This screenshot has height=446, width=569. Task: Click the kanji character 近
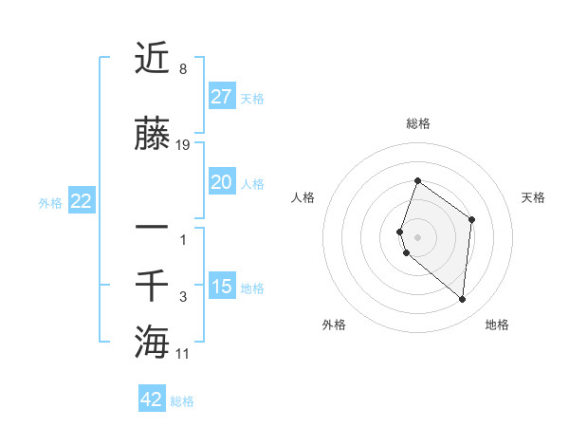point(153,59)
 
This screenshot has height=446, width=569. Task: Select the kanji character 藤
point(153,136)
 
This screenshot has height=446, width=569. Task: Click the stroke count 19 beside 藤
point(183,145)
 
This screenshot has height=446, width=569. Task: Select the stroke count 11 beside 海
point(183,353)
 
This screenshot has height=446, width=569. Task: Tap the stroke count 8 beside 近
point(182,69)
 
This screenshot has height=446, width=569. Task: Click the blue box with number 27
point(221,96)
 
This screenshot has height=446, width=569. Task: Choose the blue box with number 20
point(221,182)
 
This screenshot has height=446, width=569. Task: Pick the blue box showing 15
point(221,287)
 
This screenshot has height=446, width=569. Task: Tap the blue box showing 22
point(81,201)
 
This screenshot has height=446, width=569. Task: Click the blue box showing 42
point(152,400)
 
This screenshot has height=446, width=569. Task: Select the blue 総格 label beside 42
point(182,401)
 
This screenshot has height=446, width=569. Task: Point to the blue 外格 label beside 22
point(50,203)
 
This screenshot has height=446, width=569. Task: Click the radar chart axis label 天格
point(534,197)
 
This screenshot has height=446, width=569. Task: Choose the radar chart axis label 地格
point(497,325)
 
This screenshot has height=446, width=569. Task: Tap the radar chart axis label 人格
point(303,197)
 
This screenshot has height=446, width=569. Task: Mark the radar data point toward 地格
point(462,300)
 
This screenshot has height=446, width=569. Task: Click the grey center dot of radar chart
point(418,236)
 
